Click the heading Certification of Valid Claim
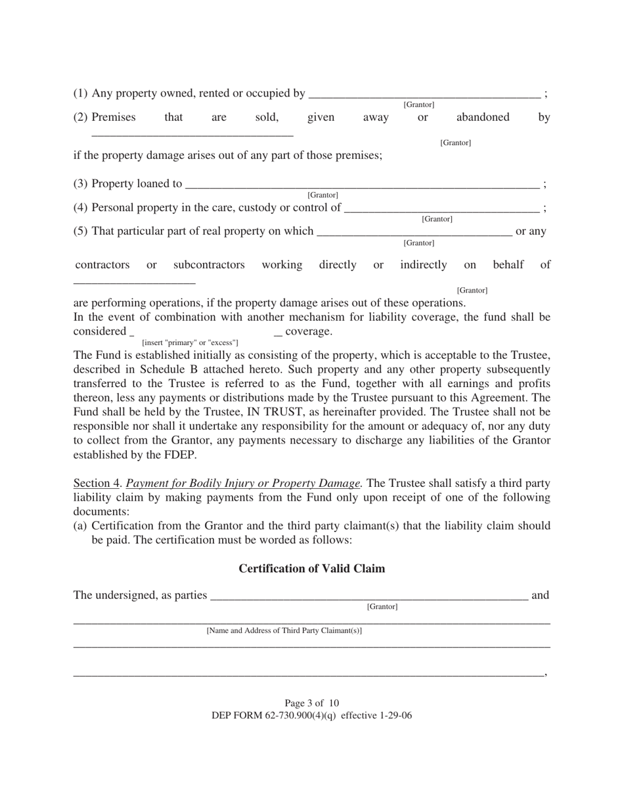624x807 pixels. pyautogui.click(x=311, y=568)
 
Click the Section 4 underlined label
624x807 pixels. pyautogui.click(x=96, y=484)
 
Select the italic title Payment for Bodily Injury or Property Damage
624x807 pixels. pyautogui.click(x=243, y=484)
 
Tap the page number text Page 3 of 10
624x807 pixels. pyautogui.click(x=311, y=703)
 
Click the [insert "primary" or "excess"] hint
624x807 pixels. pyautogui.click(x=190, y=342)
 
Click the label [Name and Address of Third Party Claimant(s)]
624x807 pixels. pyautogui.click(x=284, y=631)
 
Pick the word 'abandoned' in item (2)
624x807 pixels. pyautogui.click(x=483, y=117)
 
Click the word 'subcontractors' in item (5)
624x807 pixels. pyautogui.click(x=209, y=265)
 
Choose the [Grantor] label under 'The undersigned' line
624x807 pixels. pyautogui.click(x=382, y=607)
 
